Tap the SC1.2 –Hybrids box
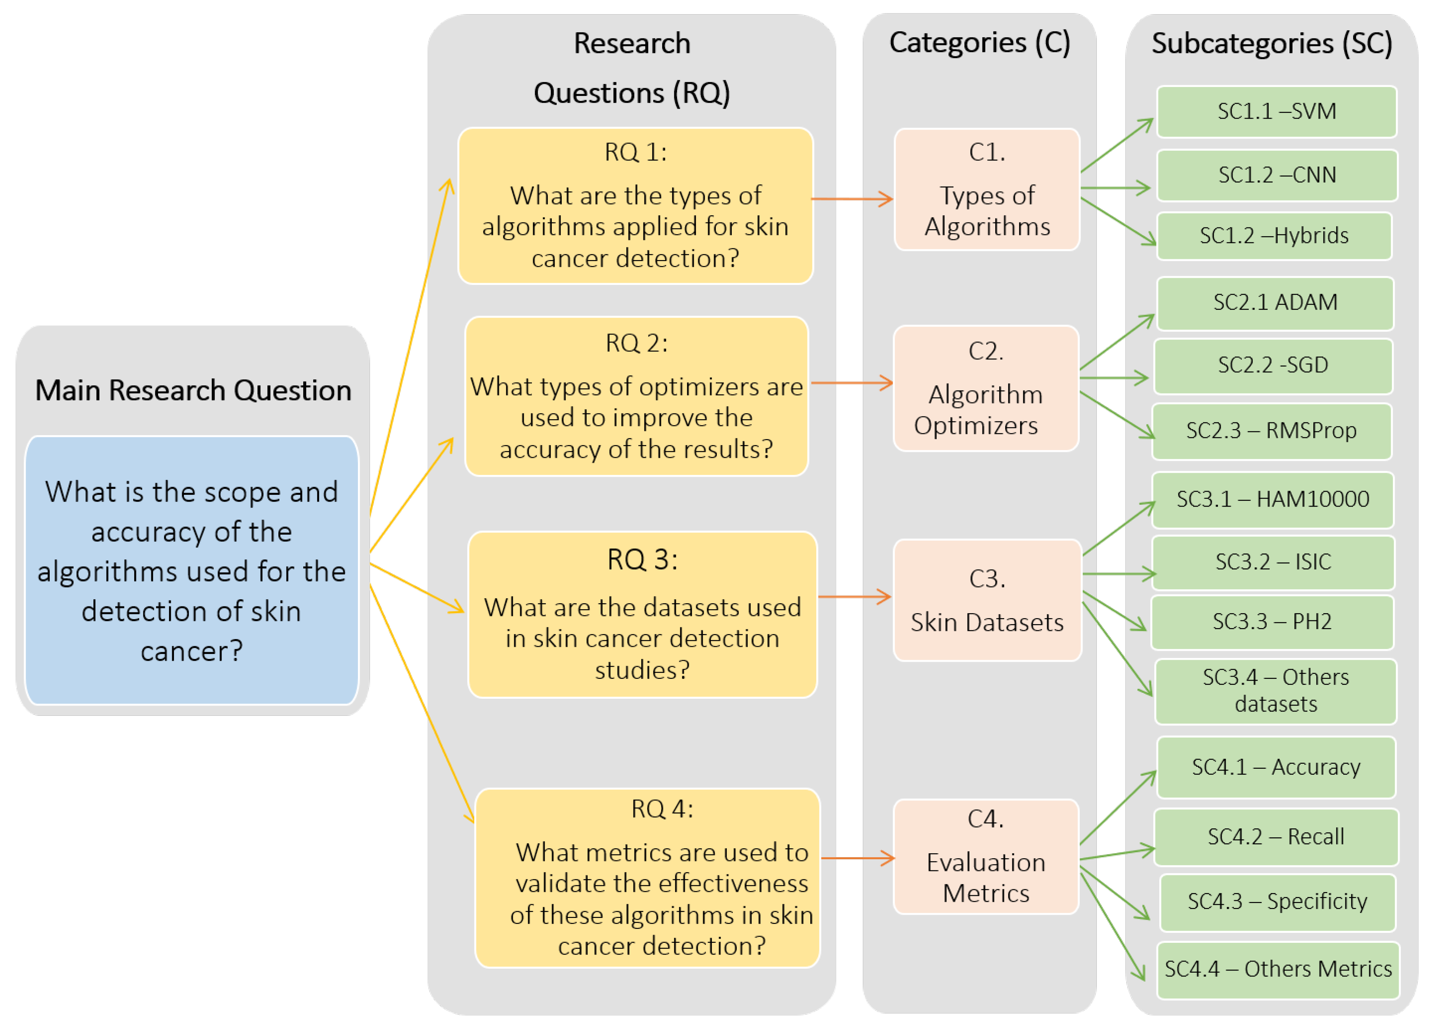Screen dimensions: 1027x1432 tap(1274, 236)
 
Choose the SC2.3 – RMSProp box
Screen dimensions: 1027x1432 tap(1271, 431)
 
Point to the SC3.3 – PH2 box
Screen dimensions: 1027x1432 tap(1272, 622)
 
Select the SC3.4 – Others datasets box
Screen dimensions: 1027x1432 tap(1275, 691)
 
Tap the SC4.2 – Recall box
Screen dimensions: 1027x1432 tap(1275, 837)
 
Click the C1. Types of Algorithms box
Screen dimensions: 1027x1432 tap(986, 189)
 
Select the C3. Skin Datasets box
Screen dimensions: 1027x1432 tap(986, 600)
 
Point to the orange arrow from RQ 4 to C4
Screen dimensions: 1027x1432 tap(857, 858)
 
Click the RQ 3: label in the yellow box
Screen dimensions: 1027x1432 tap(642, 560)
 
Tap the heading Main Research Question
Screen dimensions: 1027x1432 tap(192, 390)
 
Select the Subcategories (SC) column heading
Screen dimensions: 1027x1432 tap(1272, 44)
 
